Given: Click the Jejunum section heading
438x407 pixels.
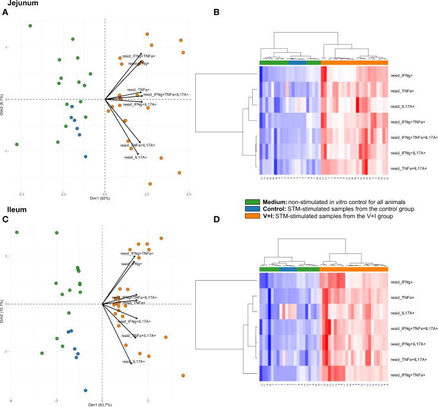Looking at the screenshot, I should click(x=18, y=4).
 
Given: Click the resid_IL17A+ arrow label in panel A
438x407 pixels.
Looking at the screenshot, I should click(x=135, y=158).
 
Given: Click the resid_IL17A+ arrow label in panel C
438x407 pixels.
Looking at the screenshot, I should click(x=134, y=361).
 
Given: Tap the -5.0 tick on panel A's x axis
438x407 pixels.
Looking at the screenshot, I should click(x=21, y=193).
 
